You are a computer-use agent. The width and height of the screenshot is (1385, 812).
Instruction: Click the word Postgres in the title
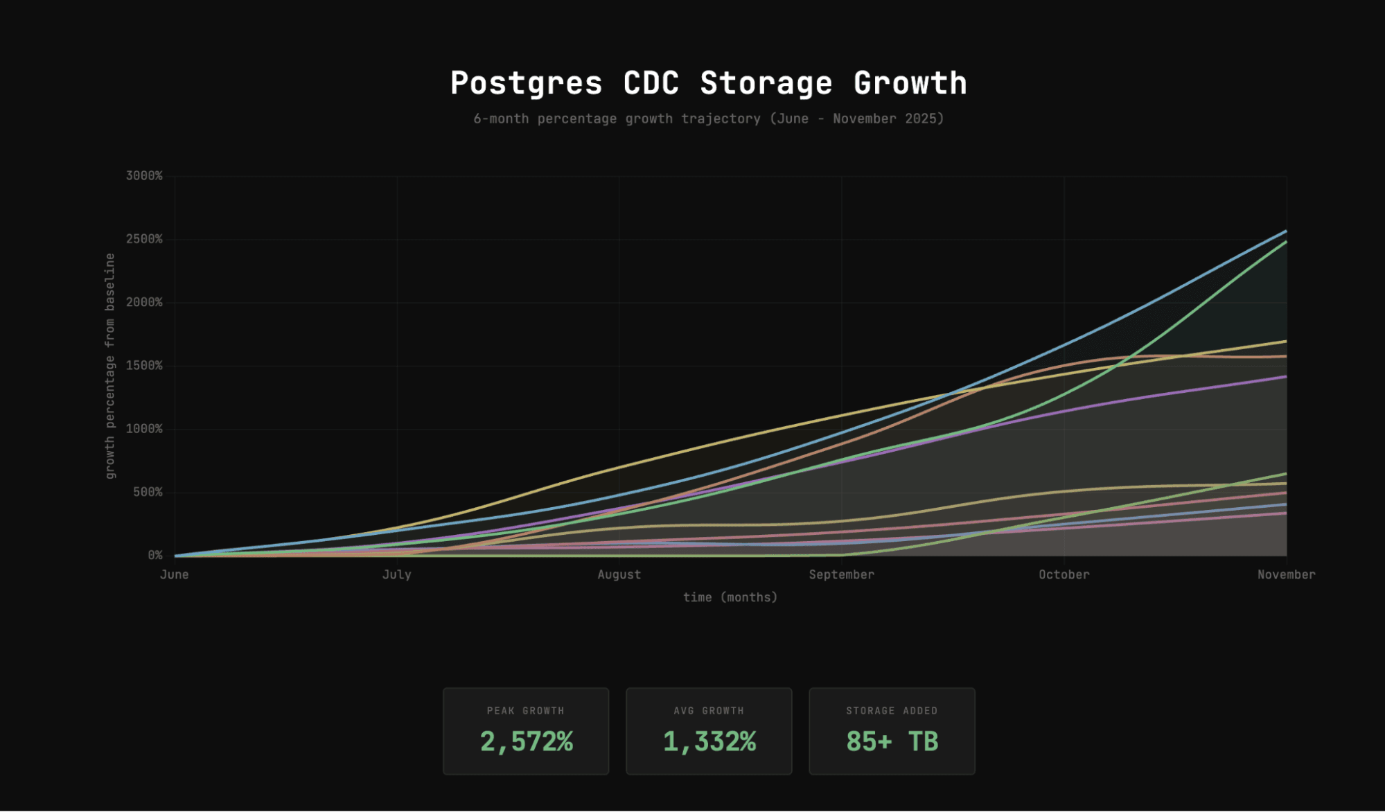tap(526, 83)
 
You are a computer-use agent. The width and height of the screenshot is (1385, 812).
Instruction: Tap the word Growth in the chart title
tap(910, 83)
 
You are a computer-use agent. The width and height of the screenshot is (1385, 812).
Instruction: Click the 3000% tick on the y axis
tap(144, 176)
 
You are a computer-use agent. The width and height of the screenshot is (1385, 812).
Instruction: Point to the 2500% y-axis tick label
tap(144, 239)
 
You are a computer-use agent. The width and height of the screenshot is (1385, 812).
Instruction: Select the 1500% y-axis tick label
tap(144, 366)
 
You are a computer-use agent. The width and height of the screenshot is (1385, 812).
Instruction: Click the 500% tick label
tap(148, 492)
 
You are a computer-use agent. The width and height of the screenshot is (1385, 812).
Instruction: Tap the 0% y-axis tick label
tap(155, 555)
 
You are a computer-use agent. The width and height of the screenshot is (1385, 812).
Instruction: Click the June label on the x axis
tap(174, 574)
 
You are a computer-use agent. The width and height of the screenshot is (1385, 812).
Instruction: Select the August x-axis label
tap(619, 574)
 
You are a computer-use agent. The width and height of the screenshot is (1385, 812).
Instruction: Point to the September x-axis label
tap(841, 574)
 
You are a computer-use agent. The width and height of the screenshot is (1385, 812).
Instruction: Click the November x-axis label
tap(1286, 574)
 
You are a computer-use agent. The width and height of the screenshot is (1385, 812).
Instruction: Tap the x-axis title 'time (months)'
tap(730, 597)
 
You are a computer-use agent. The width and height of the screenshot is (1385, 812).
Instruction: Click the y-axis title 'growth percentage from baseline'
tap(109, 366)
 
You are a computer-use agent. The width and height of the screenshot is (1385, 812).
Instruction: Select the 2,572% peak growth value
tap(526, 741)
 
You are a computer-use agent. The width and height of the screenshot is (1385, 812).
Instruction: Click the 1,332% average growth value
tap(709, 741)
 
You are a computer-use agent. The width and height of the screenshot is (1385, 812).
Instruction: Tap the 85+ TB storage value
tap(892, 741)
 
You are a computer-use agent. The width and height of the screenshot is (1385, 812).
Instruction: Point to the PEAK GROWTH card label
tap(526, 711)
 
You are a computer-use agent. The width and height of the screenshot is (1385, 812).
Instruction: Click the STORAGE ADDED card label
tap(892, 711)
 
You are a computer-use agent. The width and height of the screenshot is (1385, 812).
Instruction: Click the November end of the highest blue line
tap(1285, 231)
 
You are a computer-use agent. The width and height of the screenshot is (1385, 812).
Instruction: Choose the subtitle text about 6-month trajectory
tap(708, 118)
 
